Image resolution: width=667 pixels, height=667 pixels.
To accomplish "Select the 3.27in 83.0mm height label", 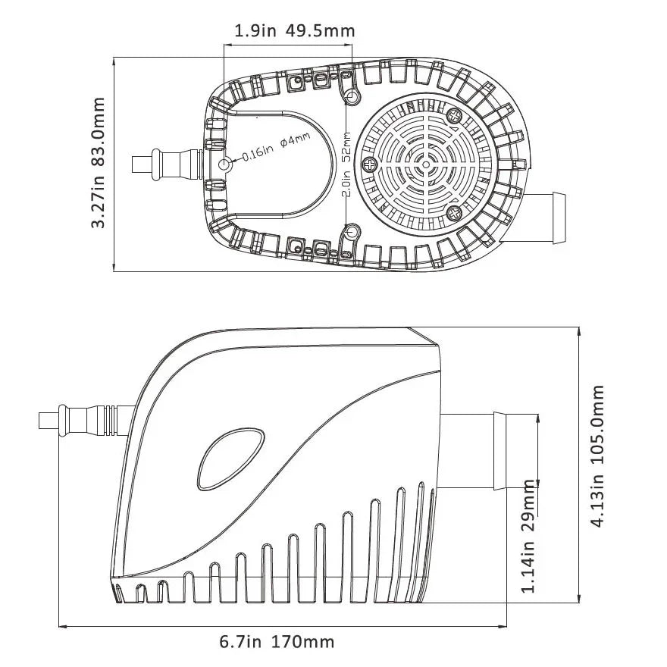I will point(98,162).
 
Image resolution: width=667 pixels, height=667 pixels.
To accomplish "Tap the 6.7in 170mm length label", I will point(277,642).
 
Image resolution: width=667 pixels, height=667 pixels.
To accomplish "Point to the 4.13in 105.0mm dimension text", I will point(598,456).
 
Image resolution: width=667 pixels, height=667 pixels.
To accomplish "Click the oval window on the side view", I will point(231,460).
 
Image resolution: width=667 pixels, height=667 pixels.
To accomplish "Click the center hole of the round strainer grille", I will point(426,164).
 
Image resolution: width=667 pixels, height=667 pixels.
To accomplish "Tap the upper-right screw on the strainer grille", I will point(455,115).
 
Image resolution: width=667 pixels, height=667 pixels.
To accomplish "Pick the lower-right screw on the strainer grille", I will point(454,212).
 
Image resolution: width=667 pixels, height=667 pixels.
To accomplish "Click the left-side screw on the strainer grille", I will point(370,164).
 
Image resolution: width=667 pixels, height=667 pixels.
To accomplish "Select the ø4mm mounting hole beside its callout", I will point(225,164).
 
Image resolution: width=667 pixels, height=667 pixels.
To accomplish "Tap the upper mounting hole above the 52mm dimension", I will point(352,98).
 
